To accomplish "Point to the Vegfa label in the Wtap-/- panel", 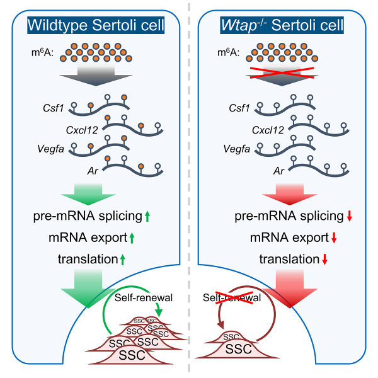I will point(236,150).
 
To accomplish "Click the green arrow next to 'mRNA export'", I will point(134,239).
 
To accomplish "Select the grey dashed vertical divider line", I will point(188,189).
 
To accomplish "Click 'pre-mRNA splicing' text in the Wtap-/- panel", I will point(289,217).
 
